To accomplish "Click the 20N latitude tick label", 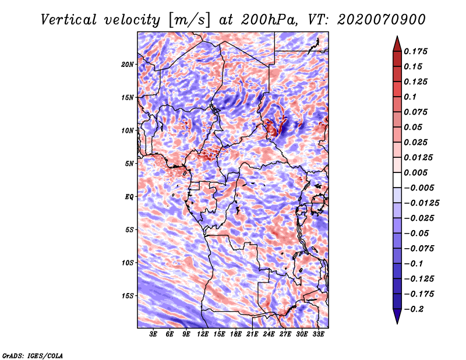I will (128, 64).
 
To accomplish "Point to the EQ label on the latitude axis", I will (129, 196).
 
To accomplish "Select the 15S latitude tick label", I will (128, 295).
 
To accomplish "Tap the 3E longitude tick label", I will (154, 335).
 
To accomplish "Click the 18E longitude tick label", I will (236, 335).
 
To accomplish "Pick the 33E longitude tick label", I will (318, 335).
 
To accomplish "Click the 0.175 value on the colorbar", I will (417, 52).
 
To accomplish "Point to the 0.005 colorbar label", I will (417, 173).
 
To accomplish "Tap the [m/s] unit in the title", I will (188, 19).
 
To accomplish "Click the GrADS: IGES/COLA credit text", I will (32, 355).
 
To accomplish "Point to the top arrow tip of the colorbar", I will (397, 37).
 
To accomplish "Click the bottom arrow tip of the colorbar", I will (397, 323).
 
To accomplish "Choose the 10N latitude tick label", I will (128, 130).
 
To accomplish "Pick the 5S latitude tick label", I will (129, 230).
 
